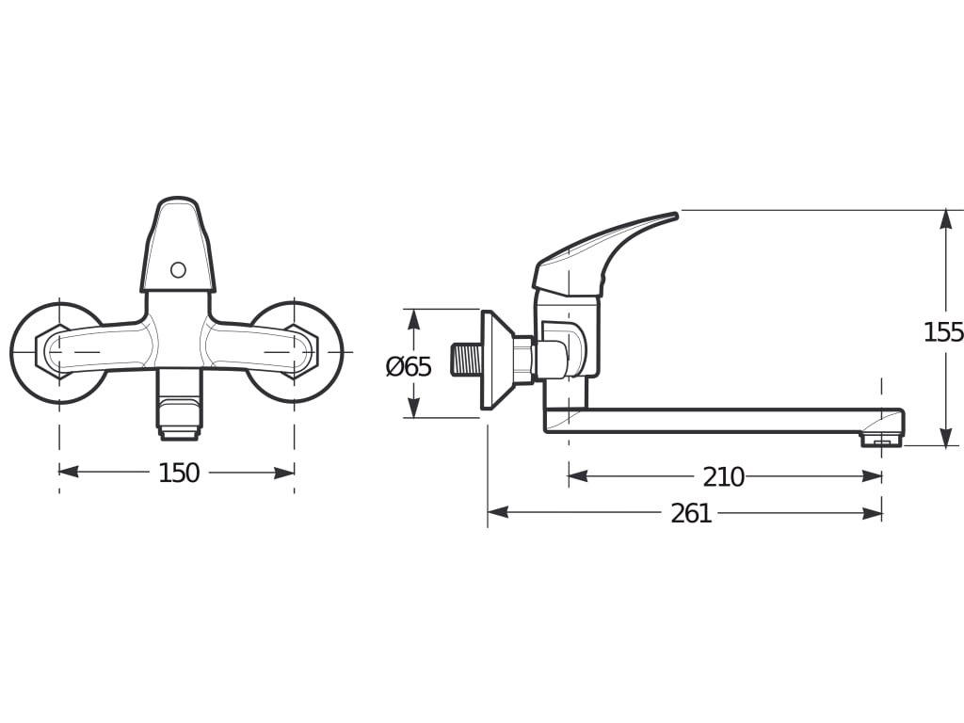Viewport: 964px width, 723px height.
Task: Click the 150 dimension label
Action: [x=179, y=473]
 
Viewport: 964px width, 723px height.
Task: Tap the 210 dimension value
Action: [x=724, y=477]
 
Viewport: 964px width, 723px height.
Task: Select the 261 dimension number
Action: [x=691, y=513]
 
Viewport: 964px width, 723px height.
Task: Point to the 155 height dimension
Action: [x=943, y=332]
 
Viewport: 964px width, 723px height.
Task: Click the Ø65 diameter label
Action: [x=409, y=367]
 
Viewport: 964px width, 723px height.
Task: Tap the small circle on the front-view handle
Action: [x=178, y=269]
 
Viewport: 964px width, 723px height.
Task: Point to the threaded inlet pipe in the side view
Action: [x=465, y=360]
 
